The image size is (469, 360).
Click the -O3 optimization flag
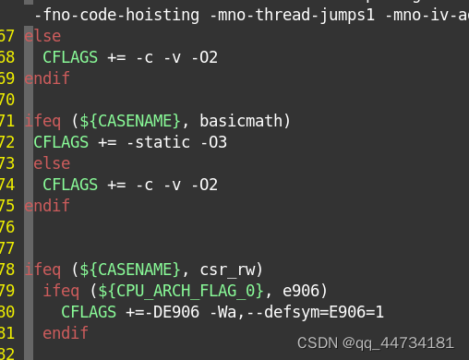213,142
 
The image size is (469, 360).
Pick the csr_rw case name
232,270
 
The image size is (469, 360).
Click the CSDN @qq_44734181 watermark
376,342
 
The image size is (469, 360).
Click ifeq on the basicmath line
42,121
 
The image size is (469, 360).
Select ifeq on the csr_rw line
42,270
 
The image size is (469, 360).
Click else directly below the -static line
52,163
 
